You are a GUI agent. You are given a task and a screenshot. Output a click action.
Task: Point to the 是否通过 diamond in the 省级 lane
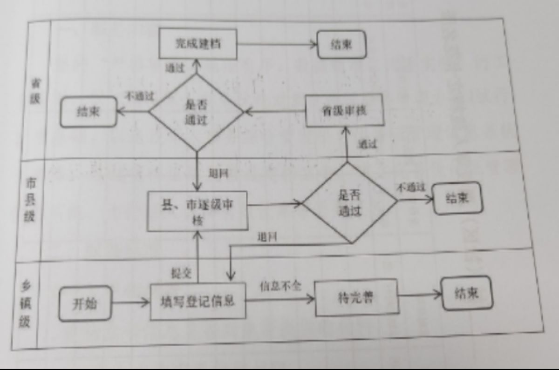196,112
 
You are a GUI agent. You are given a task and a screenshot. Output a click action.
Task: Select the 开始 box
85,304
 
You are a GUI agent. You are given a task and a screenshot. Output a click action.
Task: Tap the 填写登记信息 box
198,301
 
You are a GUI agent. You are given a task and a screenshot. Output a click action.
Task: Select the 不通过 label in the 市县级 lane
411,188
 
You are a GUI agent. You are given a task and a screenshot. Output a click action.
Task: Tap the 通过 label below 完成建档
175,68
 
